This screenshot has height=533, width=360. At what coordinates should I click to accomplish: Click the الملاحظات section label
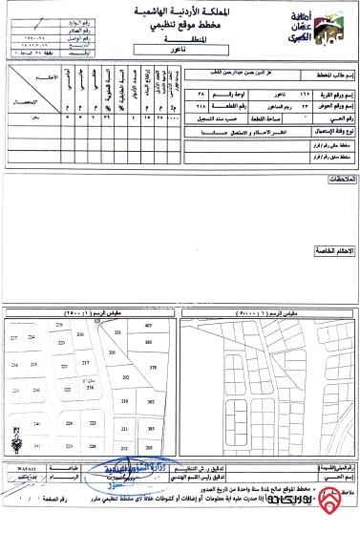[x=337, y=180]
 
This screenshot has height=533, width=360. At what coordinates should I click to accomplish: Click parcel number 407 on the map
[x=148, y=326]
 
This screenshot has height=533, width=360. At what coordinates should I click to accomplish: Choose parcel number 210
[x=125, y=402]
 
